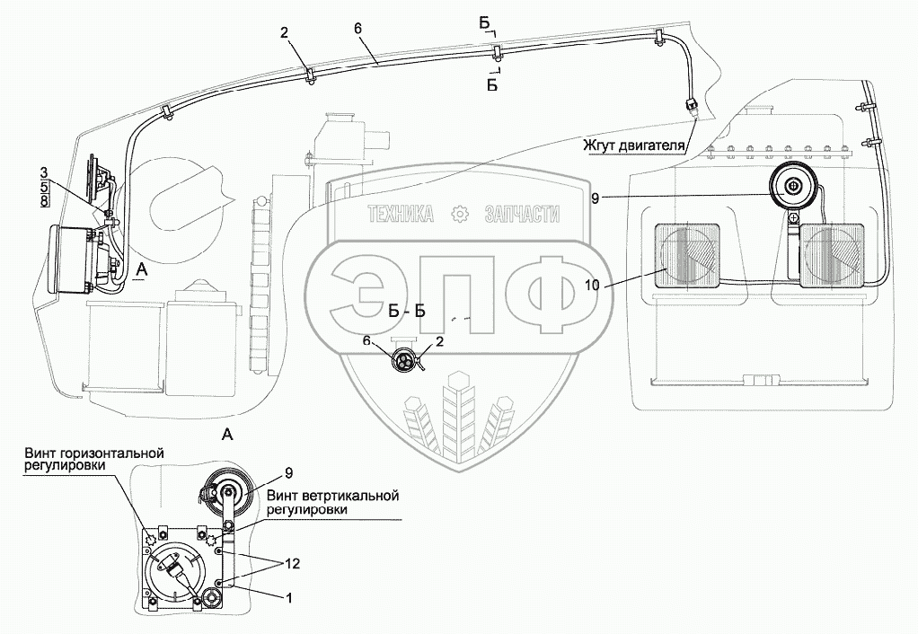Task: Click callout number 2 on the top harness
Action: pos(283,33)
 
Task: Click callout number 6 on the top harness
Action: pos(357,29)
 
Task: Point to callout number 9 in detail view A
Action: pos(289,473)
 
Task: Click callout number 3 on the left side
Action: pos(44,171)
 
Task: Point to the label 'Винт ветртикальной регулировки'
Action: pos(331,502)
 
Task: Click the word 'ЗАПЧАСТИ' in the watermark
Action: pos(521,214)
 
